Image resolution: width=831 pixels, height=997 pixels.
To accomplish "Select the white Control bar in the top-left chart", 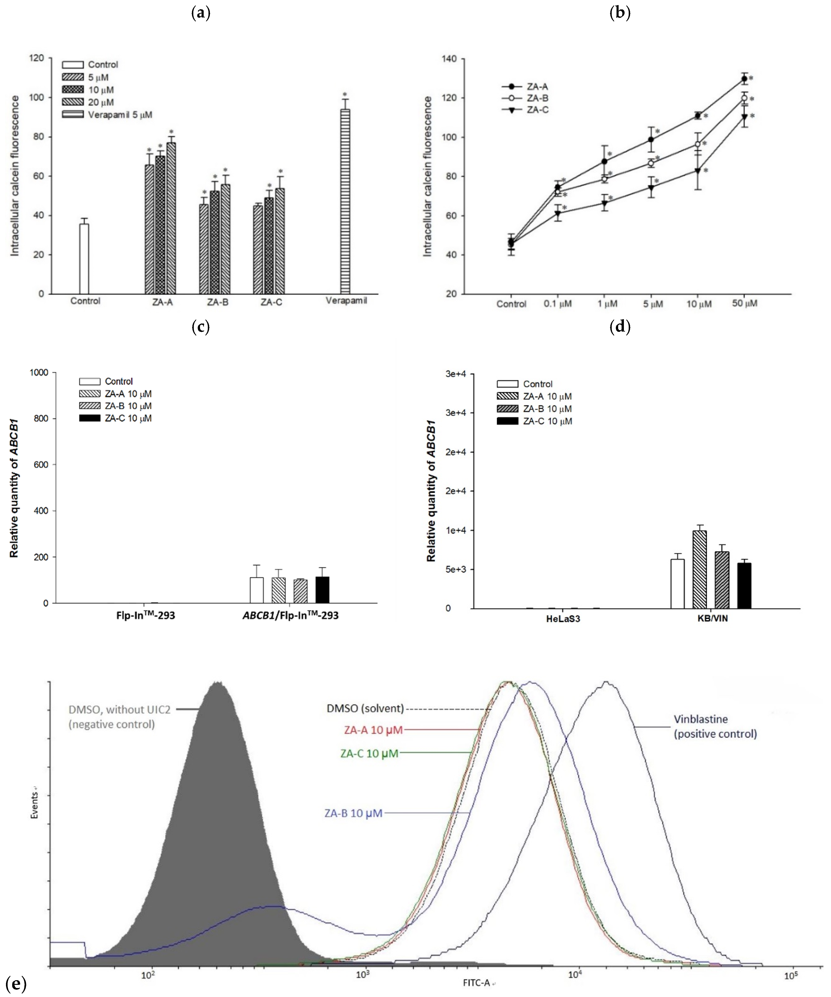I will (x=84, y=259).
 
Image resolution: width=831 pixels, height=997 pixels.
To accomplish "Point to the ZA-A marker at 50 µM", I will (x=744, y=79).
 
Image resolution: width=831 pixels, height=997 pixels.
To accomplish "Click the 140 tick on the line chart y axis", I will (x=449, y=59).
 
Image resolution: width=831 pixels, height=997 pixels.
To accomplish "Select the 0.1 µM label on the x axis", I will (x=557, y=304).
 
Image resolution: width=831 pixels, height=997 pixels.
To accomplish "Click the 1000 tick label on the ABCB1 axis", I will (x=39, y=373).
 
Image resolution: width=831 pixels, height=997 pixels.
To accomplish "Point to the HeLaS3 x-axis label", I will (x=563, y=619).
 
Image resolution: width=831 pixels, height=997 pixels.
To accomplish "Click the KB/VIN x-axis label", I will (x=712, y=619).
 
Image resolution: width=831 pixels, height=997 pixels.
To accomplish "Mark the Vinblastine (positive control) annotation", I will (x=715, y=726).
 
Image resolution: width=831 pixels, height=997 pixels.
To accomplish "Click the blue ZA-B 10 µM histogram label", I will (x=353, y=813).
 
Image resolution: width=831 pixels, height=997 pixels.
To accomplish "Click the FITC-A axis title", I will (x=476, y=983).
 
